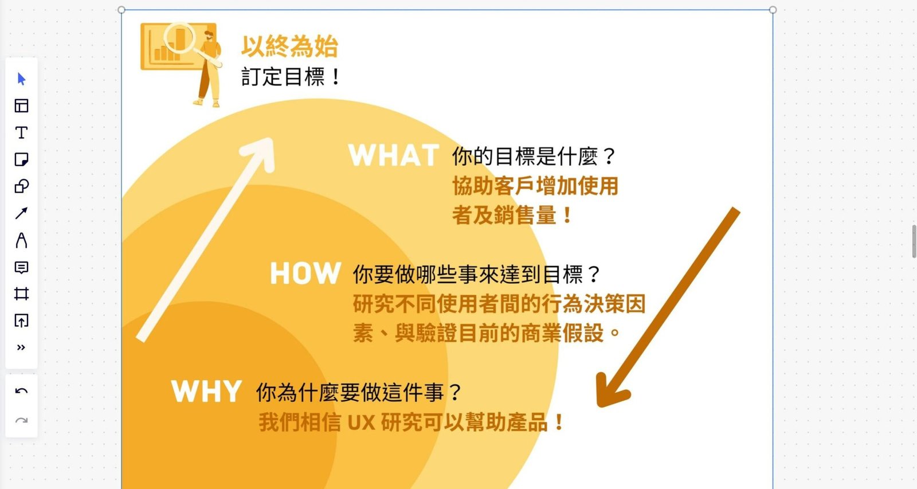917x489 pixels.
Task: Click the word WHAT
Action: pos(393,155)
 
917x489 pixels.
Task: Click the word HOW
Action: pos(305,273)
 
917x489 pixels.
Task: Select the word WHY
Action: pos(206,391)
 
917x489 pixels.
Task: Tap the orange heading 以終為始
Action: pos(289,46)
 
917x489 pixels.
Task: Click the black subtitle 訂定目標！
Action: pos(290,77)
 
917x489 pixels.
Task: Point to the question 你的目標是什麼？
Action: pos(534,157)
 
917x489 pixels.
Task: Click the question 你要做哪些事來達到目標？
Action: pos(476,275)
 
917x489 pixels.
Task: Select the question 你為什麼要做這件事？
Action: pos(359,392)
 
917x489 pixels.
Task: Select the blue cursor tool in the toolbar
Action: pos(22,79)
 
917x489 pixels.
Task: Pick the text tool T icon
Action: pos(21,132)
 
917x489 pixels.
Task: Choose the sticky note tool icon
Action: pos(21,159)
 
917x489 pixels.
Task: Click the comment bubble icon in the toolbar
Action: pos(21,268)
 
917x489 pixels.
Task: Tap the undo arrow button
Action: pos(21,391)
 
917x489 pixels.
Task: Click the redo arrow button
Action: pos(21,421)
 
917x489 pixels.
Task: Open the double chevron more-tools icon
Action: pos(21,348)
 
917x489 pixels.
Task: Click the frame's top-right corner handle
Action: pos(773,10)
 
